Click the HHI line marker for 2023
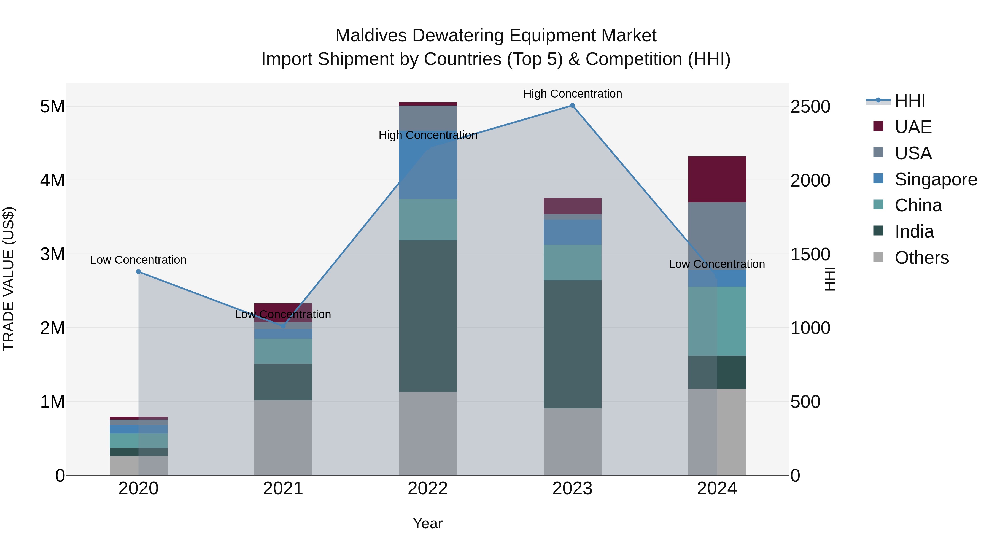(x=572, y=106)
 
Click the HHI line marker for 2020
(x=139, y=272)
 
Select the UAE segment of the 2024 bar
(x=717, y=179)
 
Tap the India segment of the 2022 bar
(x=428, y=316)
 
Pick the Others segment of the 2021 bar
(x=283, y=438)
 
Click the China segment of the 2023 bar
(x=572, y=262)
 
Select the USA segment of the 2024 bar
(x=717, y=236)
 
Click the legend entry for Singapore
(x=936, y=179)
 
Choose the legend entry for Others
(x=921, y=258)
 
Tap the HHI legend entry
(x=910, y=101)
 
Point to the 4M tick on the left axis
(x=52, y=180)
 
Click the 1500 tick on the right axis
(x=810, y=254)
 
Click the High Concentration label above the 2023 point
(x=572, y=94)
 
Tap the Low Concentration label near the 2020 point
(x=138, y=260)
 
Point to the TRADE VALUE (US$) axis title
(x=9, y=279)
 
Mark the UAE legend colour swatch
(x=878, y=126)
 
